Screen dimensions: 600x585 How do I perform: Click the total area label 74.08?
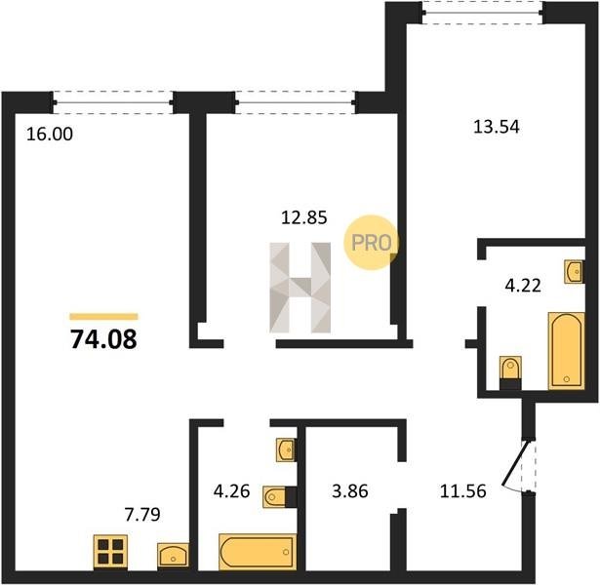tap(103, 339)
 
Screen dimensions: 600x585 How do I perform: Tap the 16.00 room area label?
tap(50, 135)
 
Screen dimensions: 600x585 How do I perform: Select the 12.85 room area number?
tap(304, 217)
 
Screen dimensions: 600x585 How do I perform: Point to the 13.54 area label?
tap(497, 127)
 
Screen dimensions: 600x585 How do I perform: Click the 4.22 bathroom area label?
tap(523, 286)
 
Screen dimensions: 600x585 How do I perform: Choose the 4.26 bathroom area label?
tap(231, 491)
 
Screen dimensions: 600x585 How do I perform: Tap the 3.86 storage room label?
tap(350, 491)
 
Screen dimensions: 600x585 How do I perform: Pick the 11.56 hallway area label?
tap(463, 491)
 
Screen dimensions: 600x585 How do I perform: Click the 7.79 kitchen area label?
tap(142, 515)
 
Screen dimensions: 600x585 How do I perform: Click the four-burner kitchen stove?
tap(110, 551)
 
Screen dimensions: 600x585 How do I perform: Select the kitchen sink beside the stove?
tap(173, 555)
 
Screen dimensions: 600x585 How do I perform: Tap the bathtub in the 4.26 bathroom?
tap(258, 552)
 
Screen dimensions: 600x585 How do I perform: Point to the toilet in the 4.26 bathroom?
tap(280, 497)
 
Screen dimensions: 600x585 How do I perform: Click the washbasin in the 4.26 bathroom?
tap(286, 449)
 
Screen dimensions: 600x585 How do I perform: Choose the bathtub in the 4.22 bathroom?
tap(567, 351)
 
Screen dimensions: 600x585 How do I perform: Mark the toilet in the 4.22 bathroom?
tap(510, 372)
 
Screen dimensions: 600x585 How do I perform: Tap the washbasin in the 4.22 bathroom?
tap(574, 272)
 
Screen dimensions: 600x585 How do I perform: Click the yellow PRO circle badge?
tap(371, 243)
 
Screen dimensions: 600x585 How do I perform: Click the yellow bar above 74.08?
tap(103, 316)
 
